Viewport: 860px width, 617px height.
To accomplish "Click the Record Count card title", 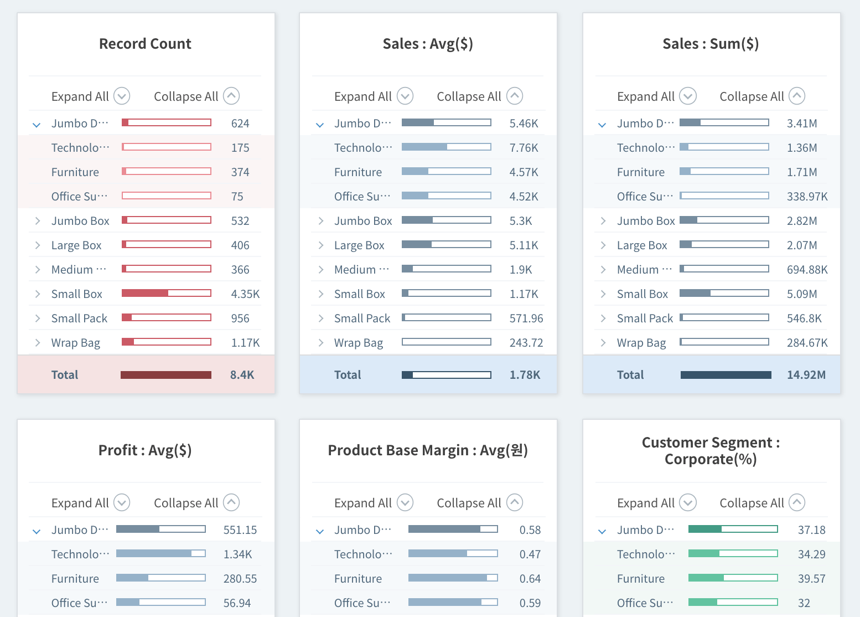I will [145, 44].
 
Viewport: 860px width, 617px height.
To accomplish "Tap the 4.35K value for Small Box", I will [245, 294].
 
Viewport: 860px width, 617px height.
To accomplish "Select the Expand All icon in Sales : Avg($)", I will [405, 96].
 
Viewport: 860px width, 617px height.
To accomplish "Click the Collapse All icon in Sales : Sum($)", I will [797, 96].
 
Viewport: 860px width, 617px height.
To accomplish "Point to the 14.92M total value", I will [806, 375].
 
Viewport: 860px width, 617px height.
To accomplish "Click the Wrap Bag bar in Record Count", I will [167, 342].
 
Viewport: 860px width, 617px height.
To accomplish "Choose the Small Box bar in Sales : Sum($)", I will [724, 294].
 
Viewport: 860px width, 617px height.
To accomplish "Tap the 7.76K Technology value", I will [524, 148].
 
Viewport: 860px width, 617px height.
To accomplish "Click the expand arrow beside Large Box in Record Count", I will [38, 245].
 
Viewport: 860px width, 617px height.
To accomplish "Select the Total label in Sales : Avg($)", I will [348, 375].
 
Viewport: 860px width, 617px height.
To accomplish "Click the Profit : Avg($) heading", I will [145, 450].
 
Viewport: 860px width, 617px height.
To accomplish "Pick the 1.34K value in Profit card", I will [237, 554].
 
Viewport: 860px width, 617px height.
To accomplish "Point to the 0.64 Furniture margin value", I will [530, 579].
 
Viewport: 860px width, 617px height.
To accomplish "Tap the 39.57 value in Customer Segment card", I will [811, 579].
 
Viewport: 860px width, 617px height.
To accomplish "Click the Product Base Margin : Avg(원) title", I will [428, 450].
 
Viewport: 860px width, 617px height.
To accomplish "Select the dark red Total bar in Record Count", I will [166, 375].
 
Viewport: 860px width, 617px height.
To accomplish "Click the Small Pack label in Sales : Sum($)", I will [645, 318].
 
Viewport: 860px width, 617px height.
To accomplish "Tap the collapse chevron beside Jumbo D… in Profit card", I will [37, 531].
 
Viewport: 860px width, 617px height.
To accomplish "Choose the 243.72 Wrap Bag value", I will [526, 343].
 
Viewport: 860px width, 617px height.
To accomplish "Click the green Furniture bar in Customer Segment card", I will [733, 578].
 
